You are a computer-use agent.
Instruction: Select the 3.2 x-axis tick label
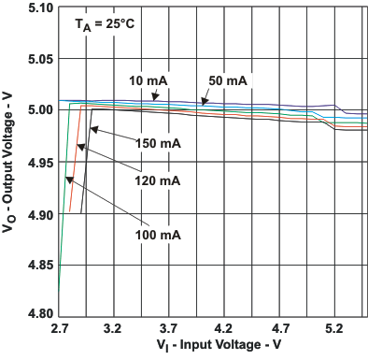(114, 330)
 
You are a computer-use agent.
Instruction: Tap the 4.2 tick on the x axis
(223, 330)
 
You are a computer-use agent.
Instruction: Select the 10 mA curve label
(149, 79)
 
